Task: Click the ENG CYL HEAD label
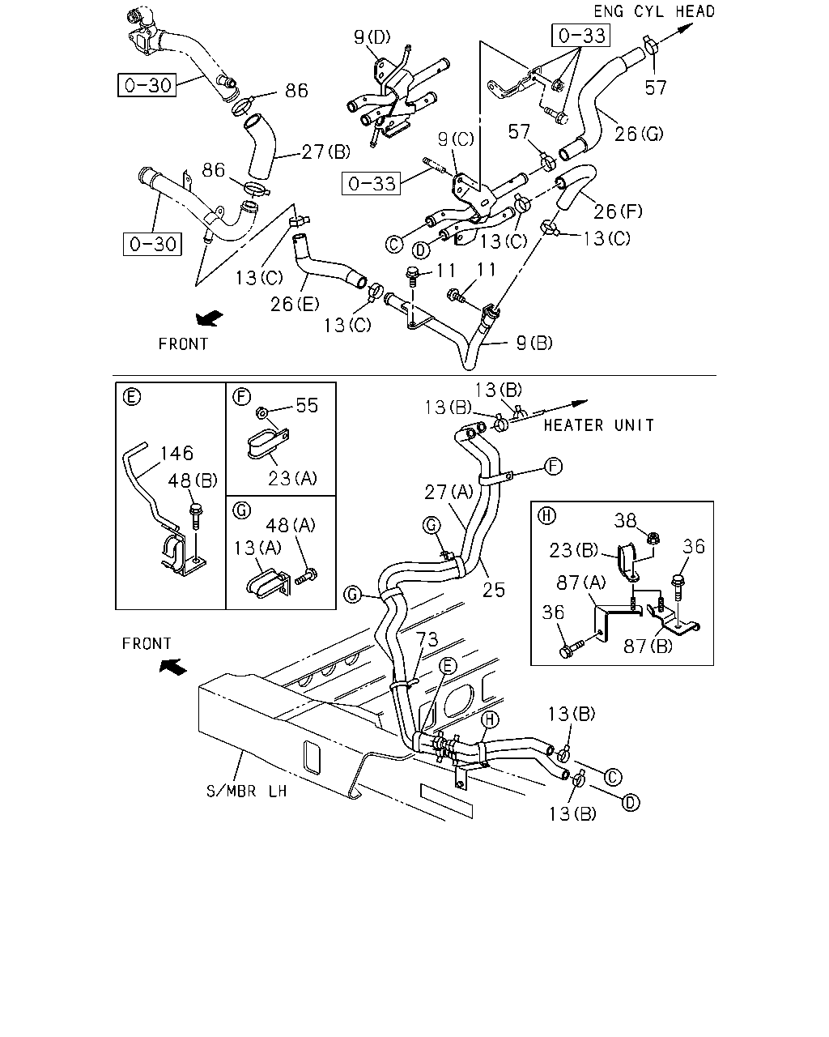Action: (653, 11)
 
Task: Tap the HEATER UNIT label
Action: (599, 425)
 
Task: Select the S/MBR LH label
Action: (247, 791)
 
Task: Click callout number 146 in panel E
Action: (176, 453)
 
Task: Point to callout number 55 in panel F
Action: (307, 405)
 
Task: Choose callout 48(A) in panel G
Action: (291, 525)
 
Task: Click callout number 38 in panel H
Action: (625, 520)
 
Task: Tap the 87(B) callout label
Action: (648, 646)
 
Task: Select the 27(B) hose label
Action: (326, 151)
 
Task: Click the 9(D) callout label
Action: (372, 37)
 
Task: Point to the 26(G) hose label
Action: (639, 134)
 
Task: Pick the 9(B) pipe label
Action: (534, 343)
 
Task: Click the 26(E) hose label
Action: (295, 304)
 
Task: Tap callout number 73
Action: (427, 639)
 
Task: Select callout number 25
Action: (494, 590)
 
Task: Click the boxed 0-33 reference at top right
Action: (581, 36)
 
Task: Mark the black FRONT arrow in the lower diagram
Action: (173, 667)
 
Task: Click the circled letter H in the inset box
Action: (546, 516)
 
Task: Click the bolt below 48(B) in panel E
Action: (196, 517)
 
